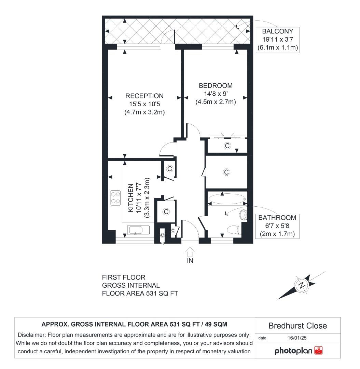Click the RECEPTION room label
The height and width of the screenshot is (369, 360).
144,96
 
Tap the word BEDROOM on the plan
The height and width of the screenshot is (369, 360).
216,85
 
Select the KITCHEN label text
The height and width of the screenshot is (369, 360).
131,198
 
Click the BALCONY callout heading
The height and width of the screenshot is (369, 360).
278,31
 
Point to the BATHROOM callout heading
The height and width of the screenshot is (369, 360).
277,218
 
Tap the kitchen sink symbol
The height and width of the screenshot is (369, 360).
138,230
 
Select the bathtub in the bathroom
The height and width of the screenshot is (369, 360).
226,199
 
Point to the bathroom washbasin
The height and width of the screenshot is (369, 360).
244,215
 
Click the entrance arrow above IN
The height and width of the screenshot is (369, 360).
190,252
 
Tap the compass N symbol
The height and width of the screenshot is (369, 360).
302,285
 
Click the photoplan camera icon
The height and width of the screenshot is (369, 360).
318,351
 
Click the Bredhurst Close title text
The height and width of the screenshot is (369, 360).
297,326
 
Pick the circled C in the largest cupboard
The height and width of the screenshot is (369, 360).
226,172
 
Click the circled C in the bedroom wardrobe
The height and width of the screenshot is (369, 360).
227,146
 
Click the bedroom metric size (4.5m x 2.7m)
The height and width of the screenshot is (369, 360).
216,101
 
